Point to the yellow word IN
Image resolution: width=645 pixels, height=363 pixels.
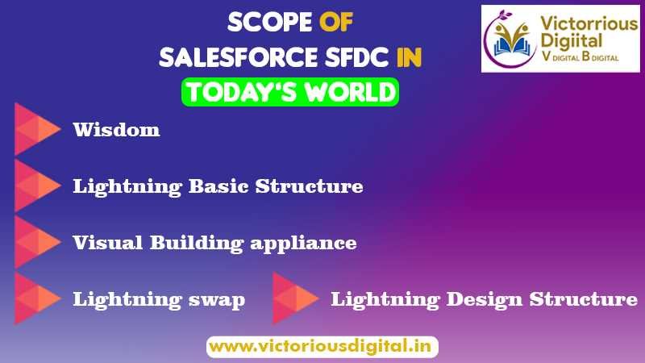click(x=408, y=58)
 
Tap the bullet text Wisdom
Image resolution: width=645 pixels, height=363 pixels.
click(x=116, y=129)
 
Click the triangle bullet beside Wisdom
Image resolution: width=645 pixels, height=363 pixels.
click(x=36, y=129)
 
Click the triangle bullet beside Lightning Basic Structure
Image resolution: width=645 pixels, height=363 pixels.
click(x=36, y=186)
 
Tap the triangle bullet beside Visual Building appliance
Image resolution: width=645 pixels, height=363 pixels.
click(x=36, y=242)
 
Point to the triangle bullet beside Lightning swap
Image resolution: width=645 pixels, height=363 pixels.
click(x=36, y=299)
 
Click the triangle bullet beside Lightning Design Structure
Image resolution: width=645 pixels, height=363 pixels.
click(x=294, y=299)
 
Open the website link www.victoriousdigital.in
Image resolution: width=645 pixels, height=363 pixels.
click(x=322, y=347)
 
